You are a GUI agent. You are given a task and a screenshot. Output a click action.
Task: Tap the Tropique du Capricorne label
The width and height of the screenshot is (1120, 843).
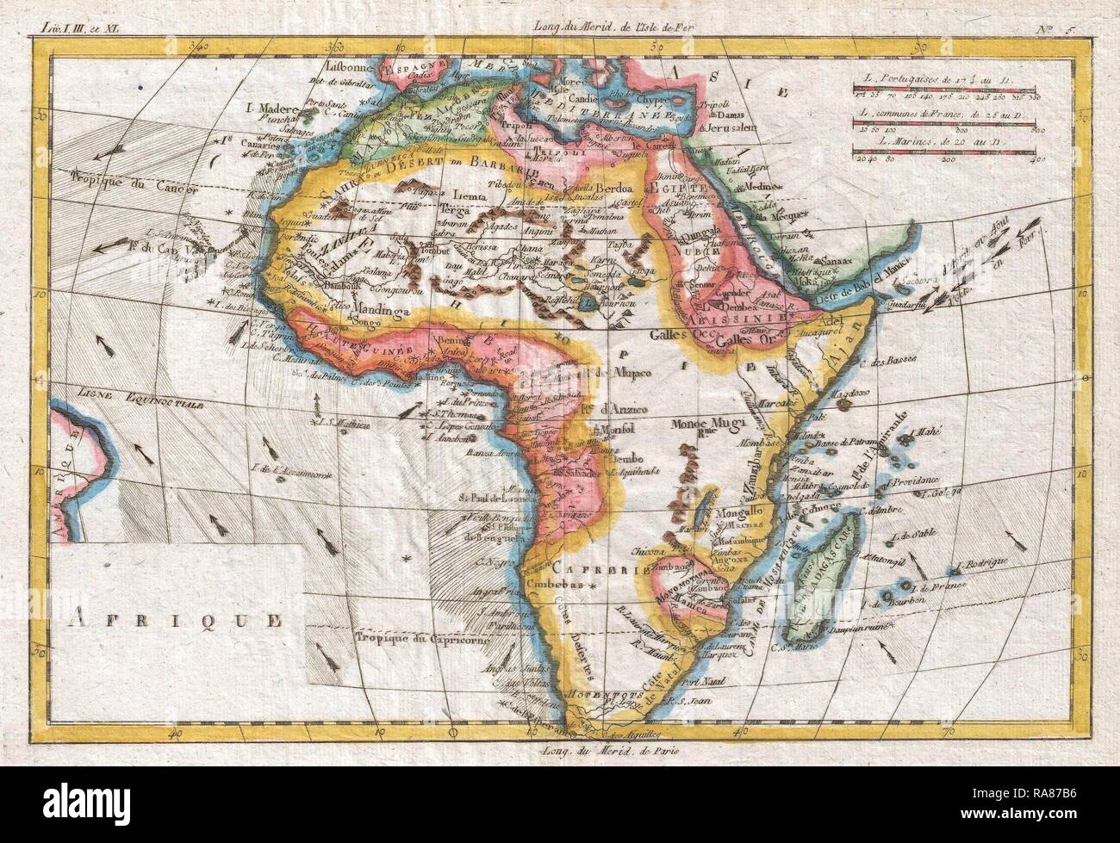tap(421, 639)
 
